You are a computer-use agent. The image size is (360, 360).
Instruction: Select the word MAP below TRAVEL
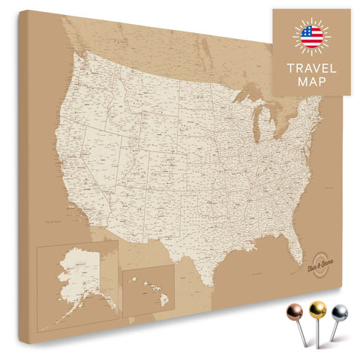tap(310, 82)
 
